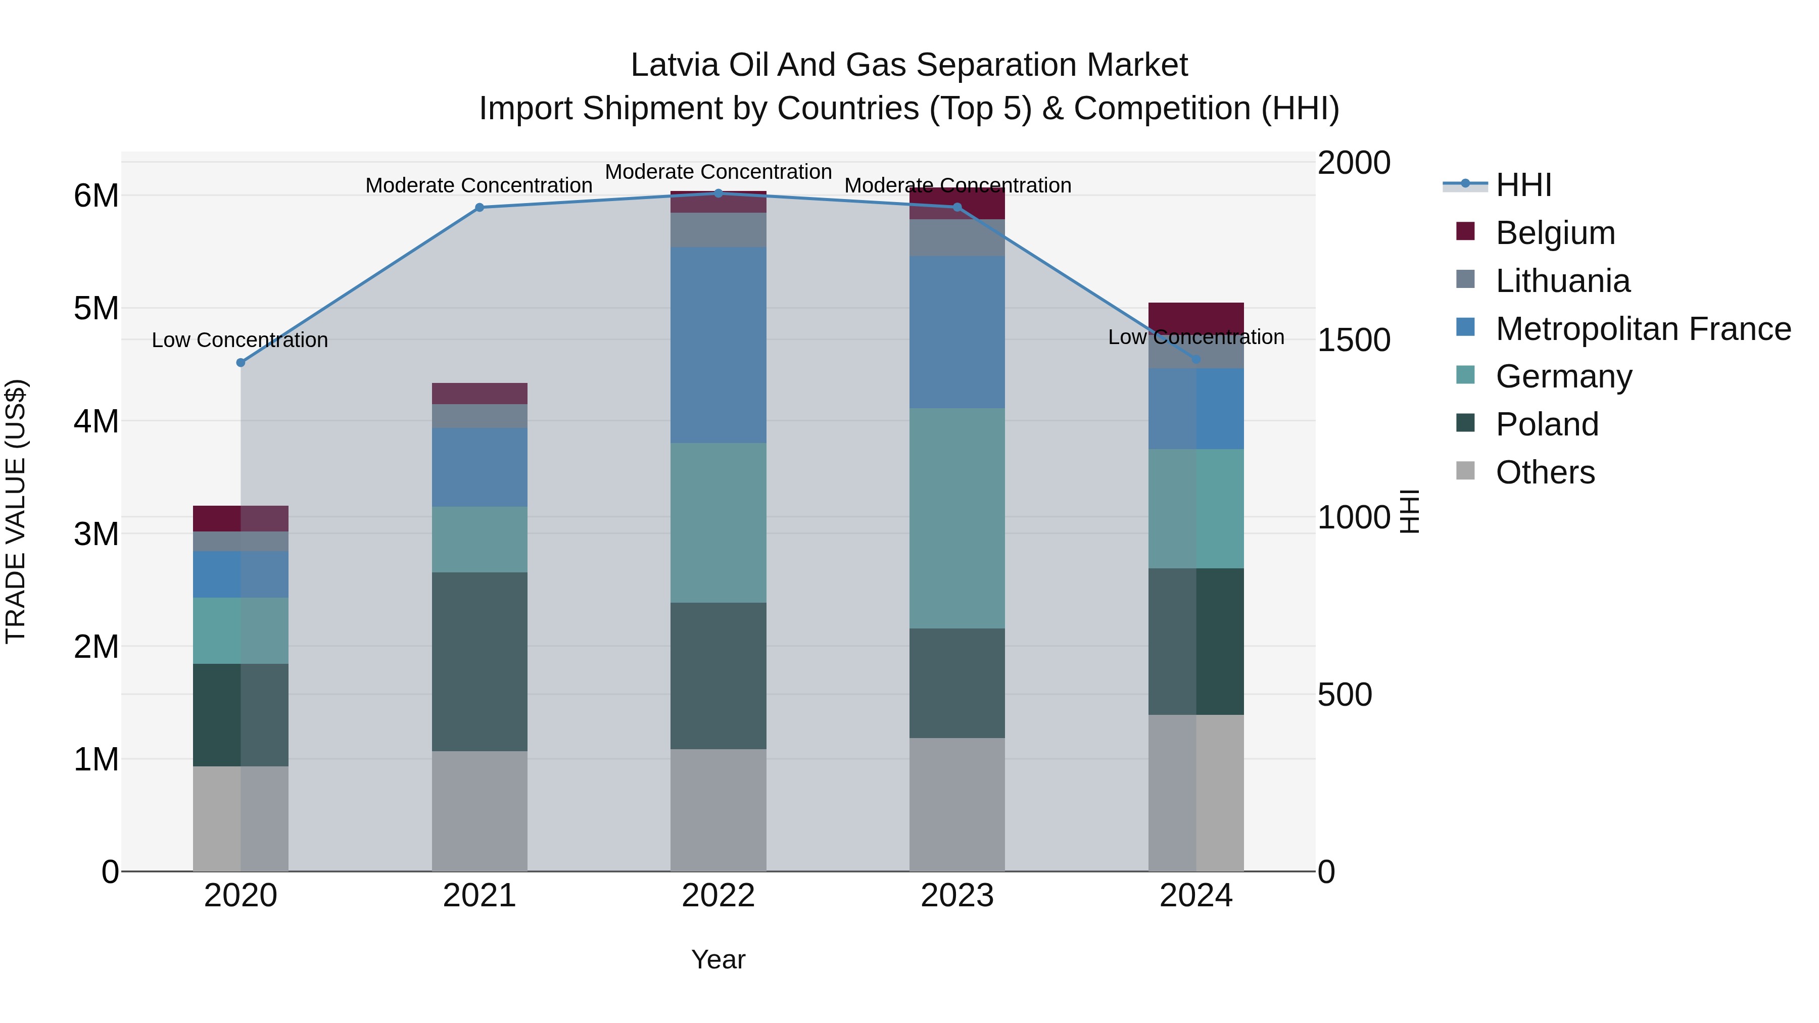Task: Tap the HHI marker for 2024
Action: point(1195,359)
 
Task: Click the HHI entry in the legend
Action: point(1522,184)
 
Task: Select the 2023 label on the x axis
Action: point(957,895)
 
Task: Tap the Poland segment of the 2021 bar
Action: point(480,661)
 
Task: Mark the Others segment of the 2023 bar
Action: point(957,804)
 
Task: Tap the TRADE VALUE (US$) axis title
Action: point(16,511)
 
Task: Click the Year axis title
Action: point(718,959)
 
